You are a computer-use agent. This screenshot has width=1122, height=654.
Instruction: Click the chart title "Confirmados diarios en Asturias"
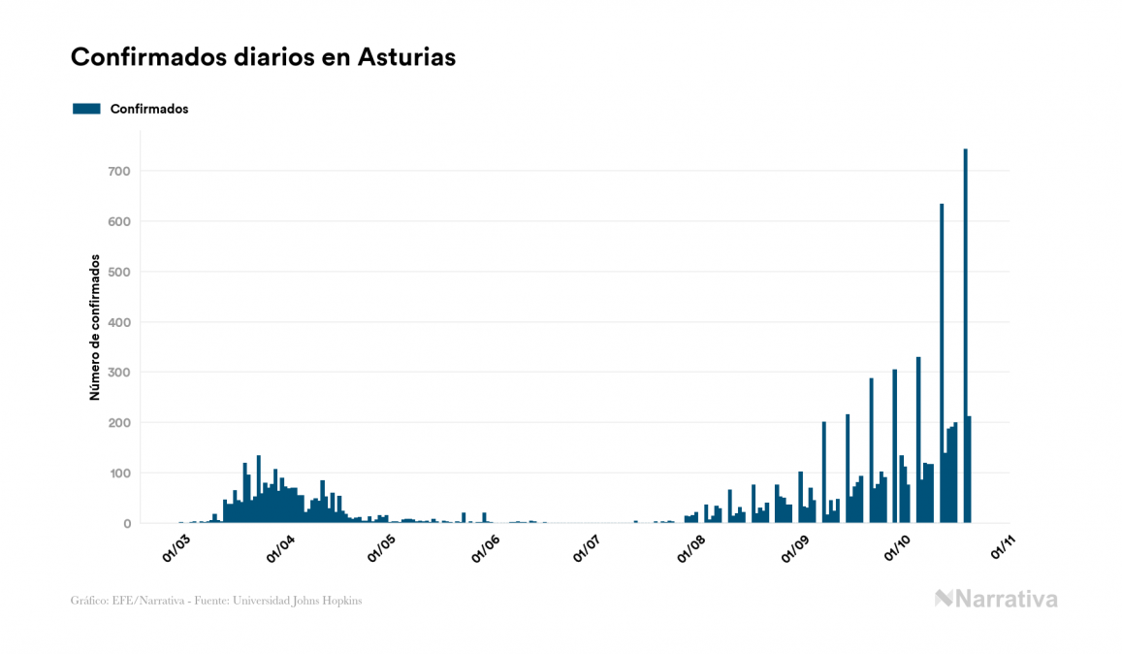[x=263, y=57]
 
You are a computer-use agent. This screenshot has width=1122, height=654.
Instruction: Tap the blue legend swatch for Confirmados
[x=86, y=109]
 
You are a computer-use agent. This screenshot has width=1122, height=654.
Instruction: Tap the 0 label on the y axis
[x=126, y=524]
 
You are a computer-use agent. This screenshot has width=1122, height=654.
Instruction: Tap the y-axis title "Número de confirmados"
[x=95, y=327]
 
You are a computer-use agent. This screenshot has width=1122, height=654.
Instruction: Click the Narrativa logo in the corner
[x=996, y=599]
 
